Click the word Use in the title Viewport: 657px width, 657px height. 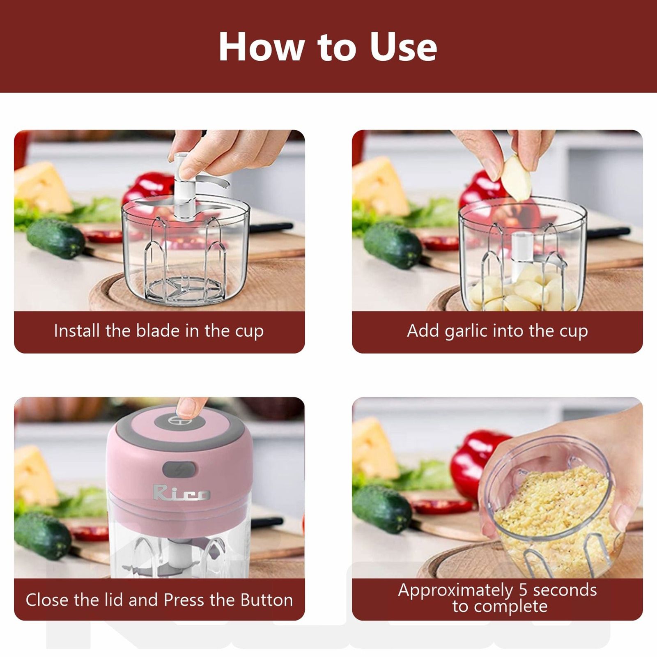[x=403, y=47]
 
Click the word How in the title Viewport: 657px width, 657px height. [x=261, y=47]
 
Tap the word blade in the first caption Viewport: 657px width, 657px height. [x=158, y=331]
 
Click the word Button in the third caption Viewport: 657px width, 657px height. [x=266, y=600]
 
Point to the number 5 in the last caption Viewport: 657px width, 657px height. [x=523, y=590]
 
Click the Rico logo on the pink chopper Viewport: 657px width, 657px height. [x=181, y=493]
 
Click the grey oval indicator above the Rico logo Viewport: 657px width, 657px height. [x=179, y=469]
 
